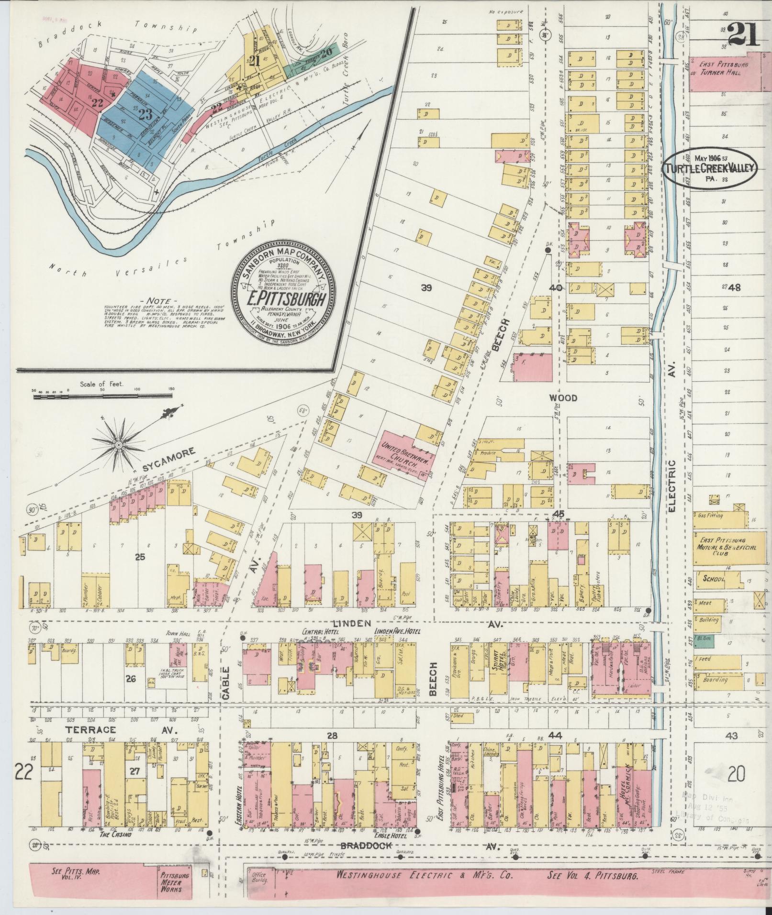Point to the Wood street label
pyautogui.click(x=563, y=397)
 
